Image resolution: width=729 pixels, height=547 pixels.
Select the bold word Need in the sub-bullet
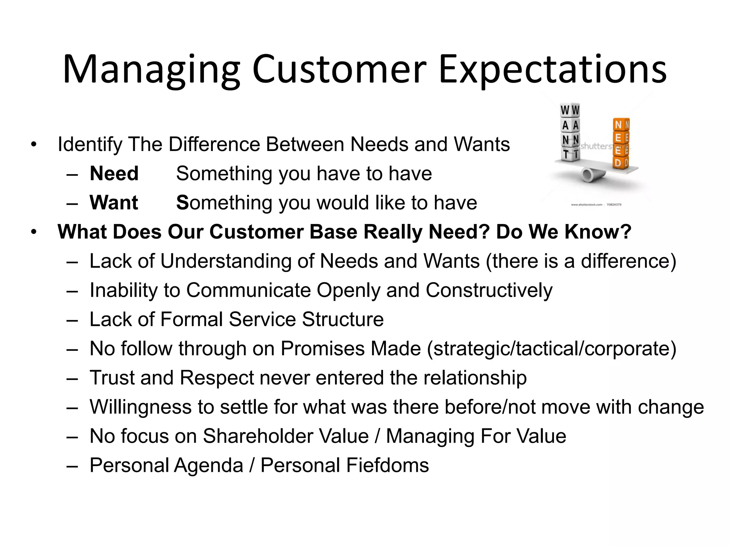click(x=114, y=174)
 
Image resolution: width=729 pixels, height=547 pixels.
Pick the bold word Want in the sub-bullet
click(x=114, y=203)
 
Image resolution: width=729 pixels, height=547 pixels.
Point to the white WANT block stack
click(x=570, y=132)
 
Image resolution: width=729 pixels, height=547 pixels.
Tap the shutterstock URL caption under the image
click(x=596, y=205)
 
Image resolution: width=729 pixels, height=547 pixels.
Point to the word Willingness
click(x=141, y=407)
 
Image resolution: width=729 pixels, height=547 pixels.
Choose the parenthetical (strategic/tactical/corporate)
click(x=551, y=349)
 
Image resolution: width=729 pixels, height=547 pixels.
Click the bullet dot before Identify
click(x=34, y=145)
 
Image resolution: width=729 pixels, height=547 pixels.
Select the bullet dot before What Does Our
click(x=34, y=232)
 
